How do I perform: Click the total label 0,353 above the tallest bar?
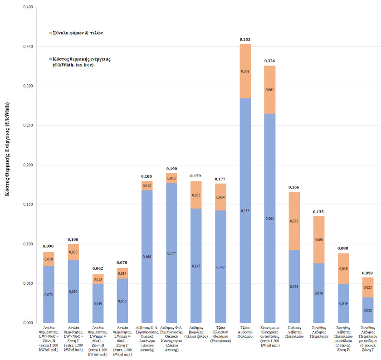point(245,40)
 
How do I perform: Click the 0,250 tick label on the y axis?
point(26,126)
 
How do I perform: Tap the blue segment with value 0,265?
point(270,218)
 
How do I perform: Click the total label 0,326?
point(270,61)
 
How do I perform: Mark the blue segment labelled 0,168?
point(147,257)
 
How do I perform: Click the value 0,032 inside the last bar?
point(368,311)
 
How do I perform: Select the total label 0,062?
point(98,269)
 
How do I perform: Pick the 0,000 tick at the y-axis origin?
point(26,323)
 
